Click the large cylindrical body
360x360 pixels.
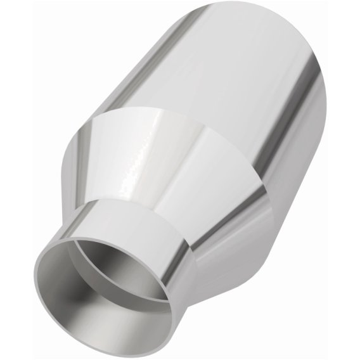pyautogui.click(x=228, y=82)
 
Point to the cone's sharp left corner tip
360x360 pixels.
pyautogui.click(x=72, y=140)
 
